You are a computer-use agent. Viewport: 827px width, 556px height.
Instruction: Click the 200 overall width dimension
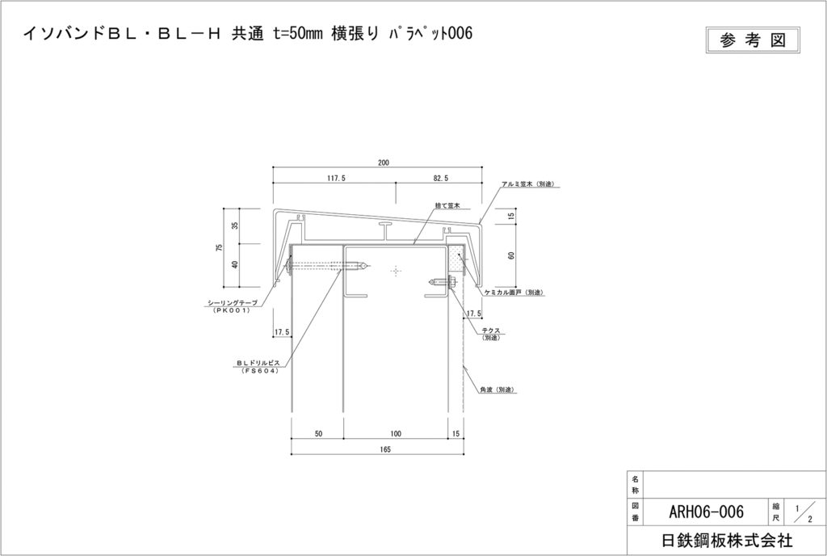coord(383,163)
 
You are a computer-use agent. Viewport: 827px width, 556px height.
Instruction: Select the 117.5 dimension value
coord(337,179)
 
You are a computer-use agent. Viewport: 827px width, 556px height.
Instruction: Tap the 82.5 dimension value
coord(441,179)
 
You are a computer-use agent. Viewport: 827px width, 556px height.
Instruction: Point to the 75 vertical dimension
coord(219,247)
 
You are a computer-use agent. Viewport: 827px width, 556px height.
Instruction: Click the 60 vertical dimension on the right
coord(511,255)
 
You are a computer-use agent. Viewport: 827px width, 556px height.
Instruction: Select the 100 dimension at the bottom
coord(396,434)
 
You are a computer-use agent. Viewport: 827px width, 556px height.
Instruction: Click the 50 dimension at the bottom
coord(318,434)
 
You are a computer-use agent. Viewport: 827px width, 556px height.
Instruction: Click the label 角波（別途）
coord(497,390)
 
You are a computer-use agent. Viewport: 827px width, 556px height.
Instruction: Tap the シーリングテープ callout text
coord(233,303)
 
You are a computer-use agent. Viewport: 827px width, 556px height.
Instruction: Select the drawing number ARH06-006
coord(706,512)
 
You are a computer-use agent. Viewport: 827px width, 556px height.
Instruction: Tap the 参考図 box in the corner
coord(753,40)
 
